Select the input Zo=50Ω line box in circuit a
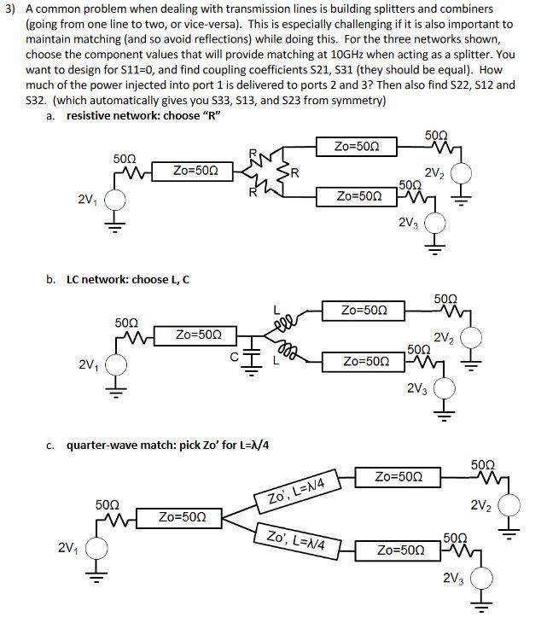pos(198,171)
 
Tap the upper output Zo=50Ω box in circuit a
pos(352,146)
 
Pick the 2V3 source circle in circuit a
pos(436,224)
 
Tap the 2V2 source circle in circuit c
pos(509,507)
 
